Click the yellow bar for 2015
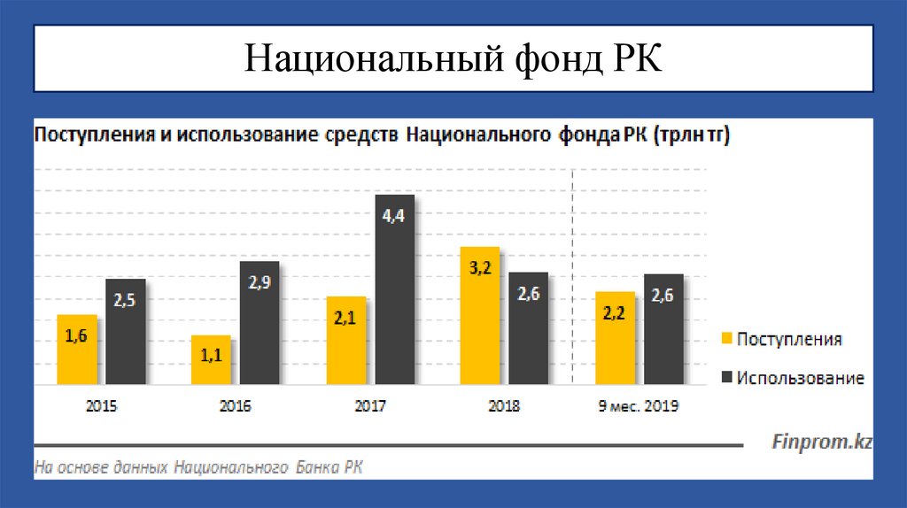pos(77,350)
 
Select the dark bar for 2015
pos(126,332)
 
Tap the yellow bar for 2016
pos(212,360)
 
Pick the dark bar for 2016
pos(260,323)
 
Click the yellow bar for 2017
pos(346,341)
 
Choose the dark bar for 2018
pos(529,328)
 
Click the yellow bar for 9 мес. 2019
pos(615,338)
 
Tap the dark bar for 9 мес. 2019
pos(663,329)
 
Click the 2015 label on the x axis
pos(101,407)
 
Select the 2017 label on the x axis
pos(369,407)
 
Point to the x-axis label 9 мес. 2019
pos(640,407)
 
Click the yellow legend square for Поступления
pos(727,340)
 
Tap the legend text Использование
pos(800,379)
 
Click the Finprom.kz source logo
pos(822,441)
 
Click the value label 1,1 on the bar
pos(212,355)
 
